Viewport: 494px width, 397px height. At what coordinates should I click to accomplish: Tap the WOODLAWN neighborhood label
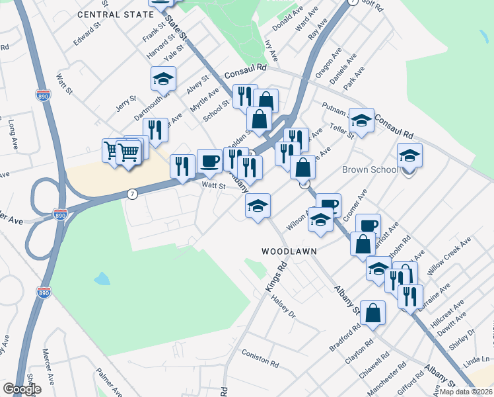[x=289, y=251]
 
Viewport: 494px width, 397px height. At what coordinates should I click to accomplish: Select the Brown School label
[x=370, y=170]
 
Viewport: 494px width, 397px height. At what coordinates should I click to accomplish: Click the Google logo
[x=22, y=389]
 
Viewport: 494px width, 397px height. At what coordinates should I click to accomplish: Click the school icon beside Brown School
[x=409, y=156]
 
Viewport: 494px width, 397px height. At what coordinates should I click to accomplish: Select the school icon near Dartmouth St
[x=163, y=79]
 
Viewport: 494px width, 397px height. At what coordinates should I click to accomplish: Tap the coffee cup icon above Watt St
[x=209, y=161]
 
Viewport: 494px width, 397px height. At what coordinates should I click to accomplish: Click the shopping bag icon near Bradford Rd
[x=372, y=313]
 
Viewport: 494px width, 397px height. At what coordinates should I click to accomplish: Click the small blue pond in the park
[x=102, y=279]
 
